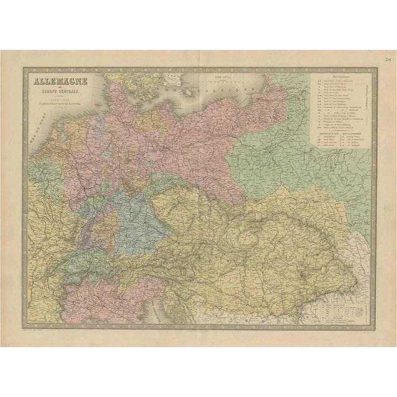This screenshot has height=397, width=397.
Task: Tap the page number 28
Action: click(x=387, y=60)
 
